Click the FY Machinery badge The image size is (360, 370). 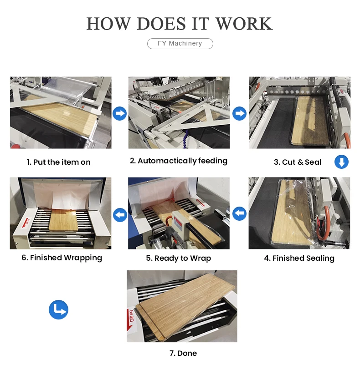(x=180, y=43)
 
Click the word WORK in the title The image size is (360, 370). (x=244, y=24)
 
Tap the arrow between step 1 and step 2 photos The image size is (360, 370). (x=119, y=113)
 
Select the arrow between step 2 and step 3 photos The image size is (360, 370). (x=239, y=113)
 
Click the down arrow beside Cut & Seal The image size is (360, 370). (x=341, y=162)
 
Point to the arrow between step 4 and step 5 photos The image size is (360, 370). (x=239, y=213)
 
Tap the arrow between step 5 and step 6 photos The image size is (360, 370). (x=120, y=215)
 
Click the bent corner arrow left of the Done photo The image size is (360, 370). (x=58, y=309)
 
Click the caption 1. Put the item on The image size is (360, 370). (x=59, y=162)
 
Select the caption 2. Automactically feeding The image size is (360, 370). (x=179, y=161)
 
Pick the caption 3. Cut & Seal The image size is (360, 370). (x=298, y=162)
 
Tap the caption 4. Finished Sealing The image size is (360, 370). (x=299, y=258)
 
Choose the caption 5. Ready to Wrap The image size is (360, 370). (x=179, y=258)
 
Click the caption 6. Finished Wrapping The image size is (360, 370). (x=62, y=258)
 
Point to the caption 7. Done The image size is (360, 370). (x=183, y=353)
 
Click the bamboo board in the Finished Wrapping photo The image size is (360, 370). (x=63, y=220)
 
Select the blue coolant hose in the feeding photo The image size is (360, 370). (x=185, y=139)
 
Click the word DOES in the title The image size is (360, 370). (x=161, y=24)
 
